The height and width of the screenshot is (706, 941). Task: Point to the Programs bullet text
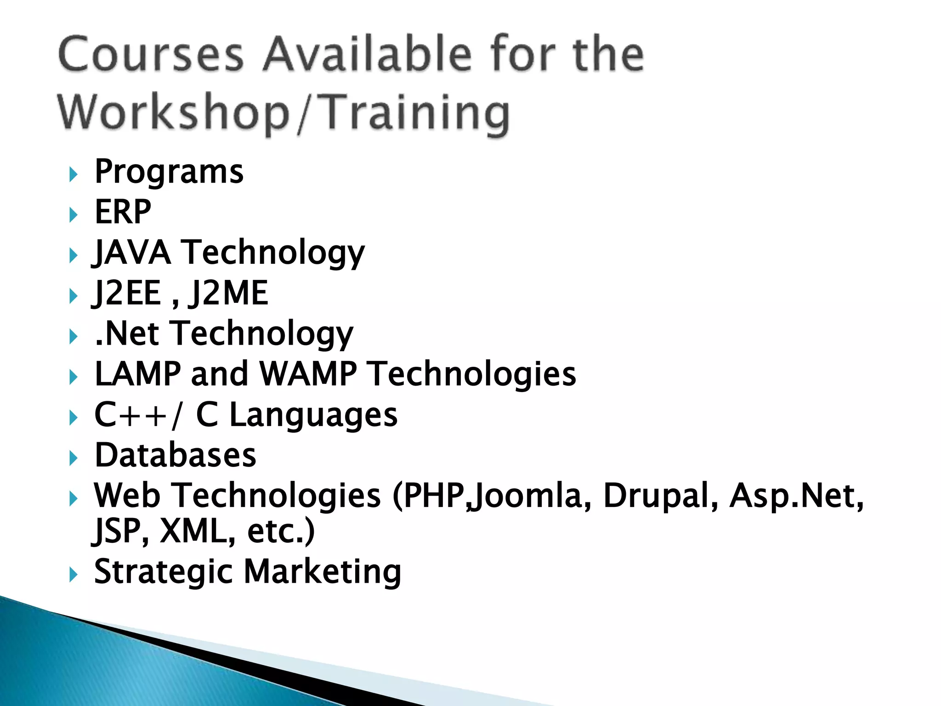[169, 172]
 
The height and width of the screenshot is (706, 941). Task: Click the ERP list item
[123, 212]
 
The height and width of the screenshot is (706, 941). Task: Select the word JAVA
[132, 252]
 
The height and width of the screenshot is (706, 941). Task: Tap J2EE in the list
[127, 293]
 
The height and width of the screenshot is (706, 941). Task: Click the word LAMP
[137, 374]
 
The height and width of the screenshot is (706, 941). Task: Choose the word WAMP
[308, 374]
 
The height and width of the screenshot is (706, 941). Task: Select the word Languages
[313, 416]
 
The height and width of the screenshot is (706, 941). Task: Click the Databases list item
[175, 455]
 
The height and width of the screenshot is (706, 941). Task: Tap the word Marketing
[323, 572]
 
